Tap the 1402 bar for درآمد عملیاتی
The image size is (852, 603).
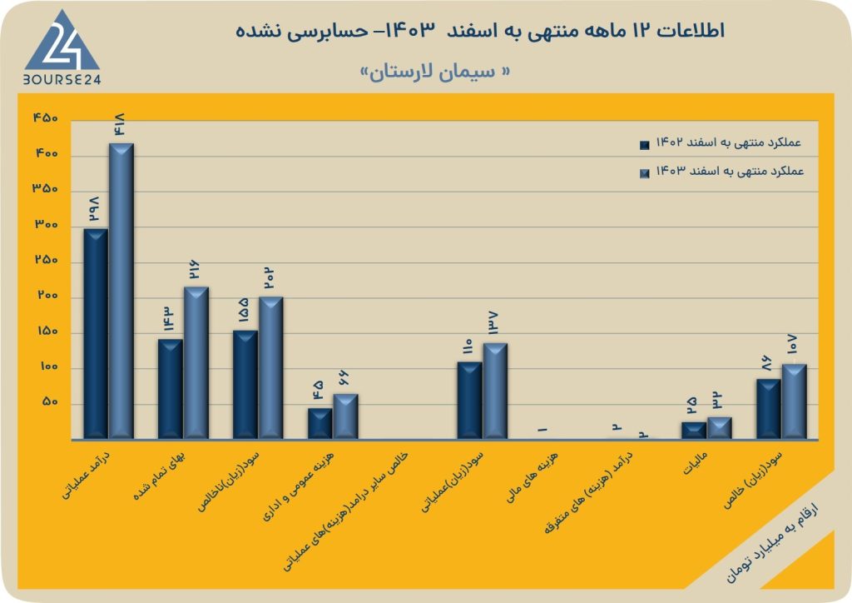click(x=96, y=332)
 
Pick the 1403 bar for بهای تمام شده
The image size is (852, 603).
click(x=196, y=361)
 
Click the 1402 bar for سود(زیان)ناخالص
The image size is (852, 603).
click(x=245, y=383)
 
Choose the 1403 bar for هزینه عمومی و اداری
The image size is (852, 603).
click(x=345, y=415)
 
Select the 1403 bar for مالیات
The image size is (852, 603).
click(x=719, y=426)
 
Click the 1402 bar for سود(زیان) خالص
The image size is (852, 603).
click(x=769, y=407)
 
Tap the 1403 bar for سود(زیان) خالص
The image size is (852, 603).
click(x=794, y=400)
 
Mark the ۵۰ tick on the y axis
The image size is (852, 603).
click(x=49, y=403)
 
